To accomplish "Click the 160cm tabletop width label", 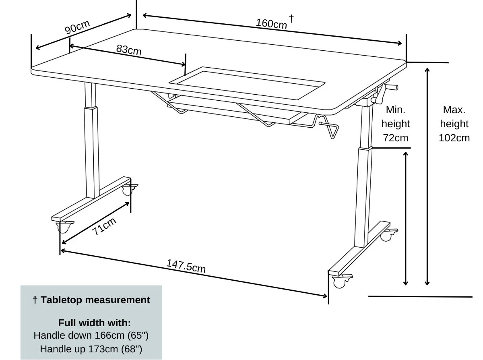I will [x=271, y=24].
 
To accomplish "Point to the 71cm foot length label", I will [x=104, y=226].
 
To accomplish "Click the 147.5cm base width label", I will [x=186, y=266].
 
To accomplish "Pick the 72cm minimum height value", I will [x=395, y=138].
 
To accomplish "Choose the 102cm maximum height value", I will [x=454, y=138].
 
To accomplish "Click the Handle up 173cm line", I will [x=91, y=348].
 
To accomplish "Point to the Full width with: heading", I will [x=94, y=323].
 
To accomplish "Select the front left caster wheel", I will [x=63, y=228].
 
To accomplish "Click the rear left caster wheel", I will [x=128, y=190].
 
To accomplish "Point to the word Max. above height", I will [x=454, y=110].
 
